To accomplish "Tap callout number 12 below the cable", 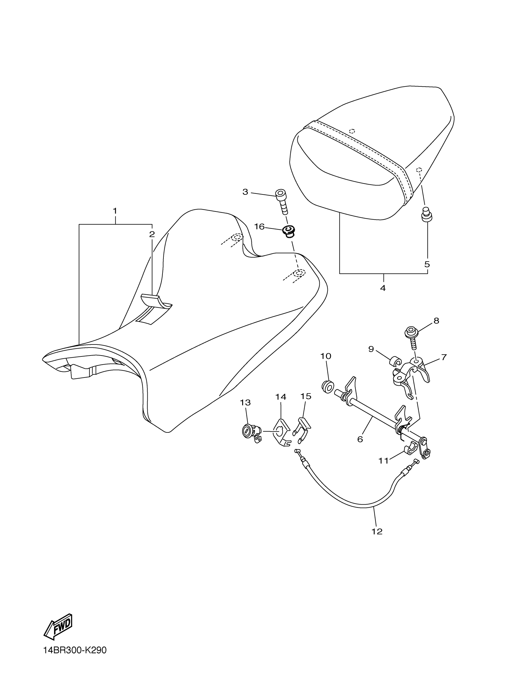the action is coord(377,531).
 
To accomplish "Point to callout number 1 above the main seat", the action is coord(115,211).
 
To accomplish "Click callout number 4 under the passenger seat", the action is coord(383,288).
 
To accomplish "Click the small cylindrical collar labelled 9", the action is coord(395,362).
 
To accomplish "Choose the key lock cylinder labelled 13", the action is coord(250,431).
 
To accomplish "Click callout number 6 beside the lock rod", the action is coord(360,439).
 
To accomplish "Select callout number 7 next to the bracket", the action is coord(444,357).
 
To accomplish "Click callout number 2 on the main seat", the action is coord(152,234).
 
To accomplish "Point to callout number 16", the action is coord(259,227).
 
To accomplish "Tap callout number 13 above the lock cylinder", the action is coord(246,402).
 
